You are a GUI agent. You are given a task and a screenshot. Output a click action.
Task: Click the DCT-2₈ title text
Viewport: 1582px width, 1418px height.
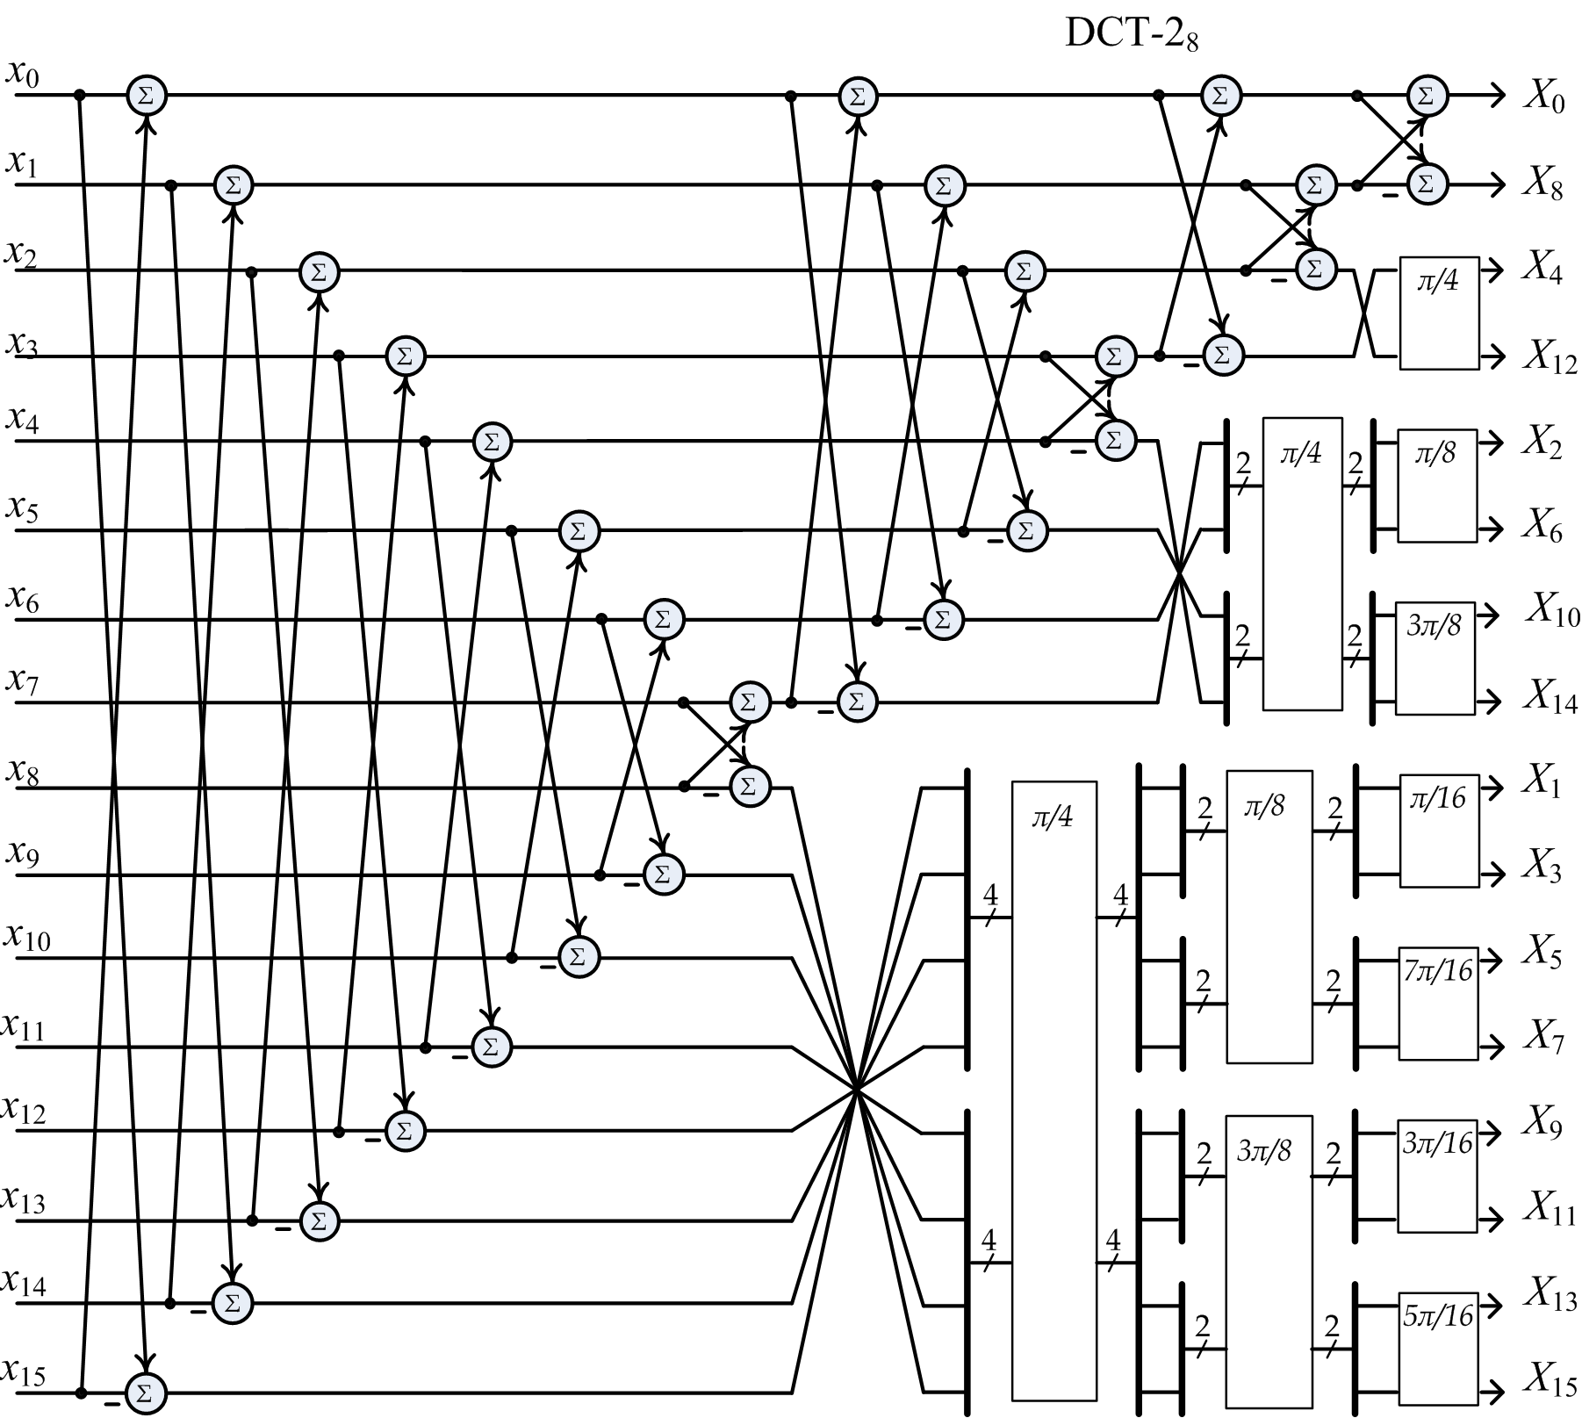1132,34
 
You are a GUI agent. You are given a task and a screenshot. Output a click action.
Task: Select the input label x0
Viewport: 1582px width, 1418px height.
22,74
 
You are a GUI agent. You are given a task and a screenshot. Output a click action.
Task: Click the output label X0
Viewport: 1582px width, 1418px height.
1544,97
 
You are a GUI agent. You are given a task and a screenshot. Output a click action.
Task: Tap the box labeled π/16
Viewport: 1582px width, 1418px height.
1438,831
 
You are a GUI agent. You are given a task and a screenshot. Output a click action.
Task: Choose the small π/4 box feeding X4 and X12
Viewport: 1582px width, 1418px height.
1439,313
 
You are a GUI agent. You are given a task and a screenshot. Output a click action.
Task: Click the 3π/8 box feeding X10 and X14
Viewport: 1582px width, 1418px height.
1435,658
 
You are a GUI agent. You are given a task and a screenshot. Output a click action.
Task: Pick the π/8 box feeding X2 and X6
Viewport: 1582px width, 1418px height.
1437,486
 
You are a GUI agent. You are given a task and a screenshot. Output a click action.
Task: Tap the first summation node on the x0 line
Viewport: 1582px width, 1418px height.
147,95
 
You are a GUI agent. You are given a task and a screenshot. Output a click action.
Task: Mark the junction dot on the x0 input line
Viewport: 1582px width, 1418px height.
81,95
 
